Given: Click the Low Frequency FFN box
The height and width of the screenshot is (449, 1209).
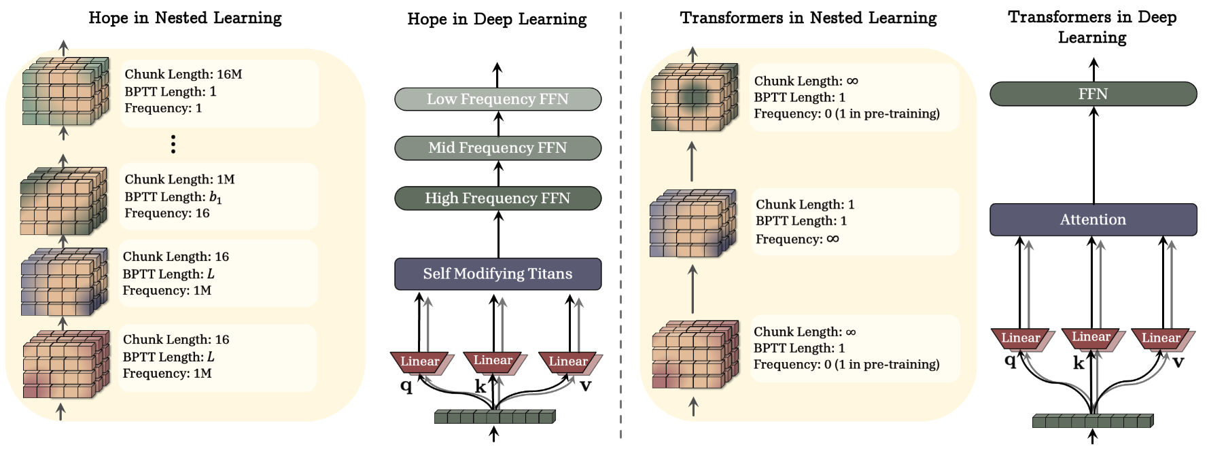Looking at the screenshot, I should [x=497, y=99].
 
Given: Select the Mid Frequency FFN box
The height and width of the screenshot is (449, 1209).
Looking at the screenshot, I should [x=497, y=148].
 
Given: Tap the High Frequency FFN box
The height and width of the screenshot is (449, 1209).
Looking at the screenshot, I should [x=497, y=198].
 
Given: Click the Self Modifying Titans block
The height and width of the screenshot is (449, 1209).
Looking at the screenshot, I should [x=497, y=274].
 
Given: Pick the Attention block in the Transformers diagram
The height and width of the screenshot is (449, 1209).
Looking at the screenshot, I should [x=1093, y=219].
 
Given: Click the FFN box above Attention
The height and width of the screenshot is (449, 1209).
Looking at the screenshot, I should [x=1093, y=94].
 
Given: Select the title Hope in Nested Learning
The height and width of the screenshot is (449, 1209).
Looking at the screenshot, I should [x=185, y=18].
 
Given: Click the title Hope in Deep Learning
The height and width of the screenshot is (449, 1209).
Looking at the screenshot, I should [x=497, y=19].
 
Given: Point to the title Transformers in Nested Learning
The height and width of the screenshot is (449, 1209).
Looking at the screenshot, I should [x=808, y=18].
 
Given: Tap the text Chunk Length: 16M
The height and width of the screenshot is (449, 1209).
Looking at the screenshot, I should [x=183, y=74].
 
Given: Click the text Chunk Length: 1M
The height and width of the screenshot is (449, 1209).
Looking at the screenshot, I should [x=179, y=179].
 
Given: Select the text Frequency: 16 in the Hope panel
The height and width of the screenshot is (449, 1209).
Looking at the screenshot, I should [x=167, y=213].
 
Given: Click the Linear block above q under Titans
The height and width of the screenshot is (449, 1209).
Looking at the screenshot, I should [x=419, y=361].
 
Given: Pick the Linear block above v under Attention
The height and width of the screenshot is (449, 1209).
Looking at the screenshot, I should [x=1161, y=338].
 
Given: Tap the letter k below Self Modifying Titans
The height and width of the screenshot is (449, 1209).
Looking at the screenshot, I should [x=480, y=387].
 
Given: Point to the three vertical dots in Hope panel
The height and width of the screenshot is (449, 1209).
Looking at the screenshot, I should [x=173, y=144].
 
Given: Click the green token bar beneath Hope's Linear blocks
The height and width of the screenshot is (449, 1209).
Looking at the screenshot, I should [x=495, y=416].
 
